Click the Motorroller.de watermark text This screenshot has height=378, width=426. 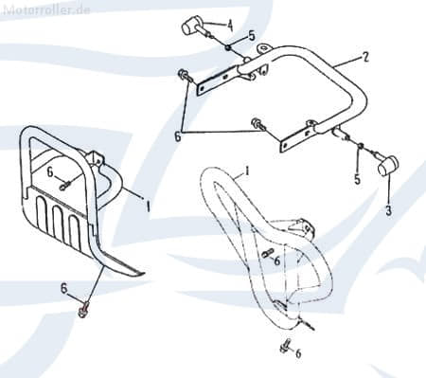[x=46, y=9]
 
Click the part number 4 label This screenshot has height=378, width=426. [x=230, y=26]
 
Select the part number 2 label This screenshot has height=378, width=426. [x=365, y=57]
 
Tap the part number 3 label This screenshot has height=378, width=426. [x=389, y=210]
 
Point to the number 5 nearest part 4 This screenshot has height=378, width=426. [x=252, y=36]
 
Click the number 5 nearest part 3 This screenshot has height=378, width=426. [x=357, y=179]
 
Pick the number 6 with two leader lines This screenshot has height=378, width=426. [x=178, y=136]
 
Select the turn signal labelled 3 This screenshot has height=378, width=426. [x=385, y=165]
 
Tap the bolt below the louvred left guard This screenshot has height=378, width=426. [x=83, y=310]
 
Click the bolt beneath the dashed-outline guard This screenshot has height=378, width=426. [x=285, y=345]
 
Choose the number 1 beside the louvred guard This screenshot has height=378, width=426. [x=147, y=207]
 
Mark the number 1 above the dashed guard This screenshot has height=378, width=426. [x=247, y=171]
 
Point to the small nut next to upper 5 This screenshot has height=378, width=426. [x=227, y=47]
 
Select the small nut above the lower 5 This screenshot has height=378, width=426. [x=360, y=146]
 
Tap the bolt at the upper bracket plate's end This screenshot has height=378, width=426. [x=185, y=75]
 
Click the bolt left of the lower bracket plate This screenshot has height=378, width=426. [x=258, y=123]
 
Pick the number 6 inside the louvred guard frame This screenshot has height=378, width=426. [x=50, y=172]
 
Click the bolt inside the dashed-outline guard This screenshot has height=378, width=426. [x=267, y=253]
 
